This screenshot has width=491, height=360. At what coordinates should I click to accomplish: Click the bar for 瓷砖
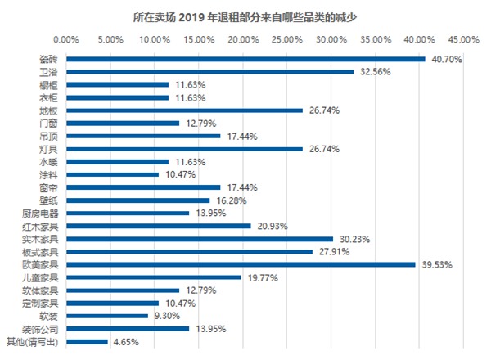coord(245,59)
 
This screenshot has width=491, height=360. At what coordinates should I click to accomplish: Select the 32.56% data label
coord(373,72)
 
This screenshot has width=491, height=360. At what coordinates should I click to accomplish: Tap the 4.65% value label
coord(126,341)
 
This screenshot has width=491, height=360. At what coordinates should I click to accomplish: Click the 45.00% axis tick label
coord(463,38)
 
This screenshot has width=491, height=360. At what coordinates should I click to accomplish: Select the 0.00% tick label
coord(65,38)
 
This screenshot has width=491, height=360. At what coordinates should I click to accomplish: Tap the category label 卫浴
coord(48,72)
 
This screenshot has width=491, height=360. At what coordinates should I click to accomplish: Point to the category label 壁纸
coord(48,200)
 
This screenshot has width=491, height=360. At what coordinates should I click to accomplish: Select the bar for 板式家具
coord(189,251)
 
